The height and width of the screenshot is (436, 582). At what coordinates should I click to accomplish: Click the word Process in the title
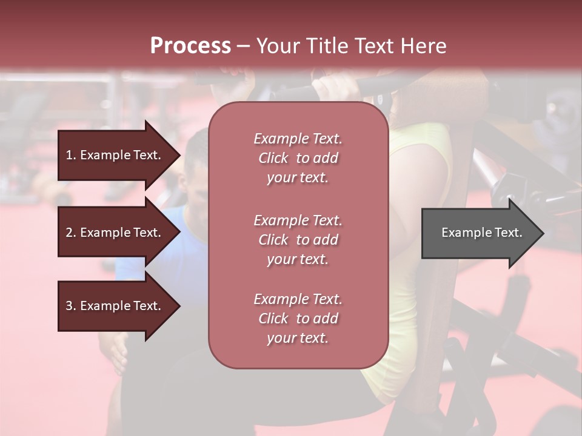point(190,46)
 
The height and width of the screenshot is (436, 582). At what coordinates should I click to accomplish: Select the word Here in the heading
point(424,46)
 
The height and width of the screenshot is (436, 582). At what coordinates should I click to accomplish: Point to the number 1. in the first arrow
point(71,155)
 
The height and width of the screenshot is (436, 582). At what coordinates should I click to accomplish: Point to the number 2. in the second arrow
point(71,233)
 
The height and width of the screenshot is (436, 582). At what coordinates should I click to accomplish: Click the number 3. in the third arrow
point(71,306)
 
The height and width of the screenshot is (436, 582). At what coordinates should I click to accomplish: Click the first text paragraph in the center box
point(298,158)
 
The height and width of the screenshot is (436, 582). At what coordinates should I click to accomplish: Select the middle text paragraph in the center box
point(298,240)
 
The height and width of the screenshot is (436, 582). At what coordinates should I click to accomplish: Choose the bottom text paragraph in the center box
point(298,319)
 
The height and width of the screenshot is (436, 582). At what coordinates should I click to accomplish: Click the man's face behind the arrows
point(197,170)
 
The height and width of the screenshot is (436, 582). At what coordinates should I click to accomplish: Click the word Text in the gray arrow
point(509,233)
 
